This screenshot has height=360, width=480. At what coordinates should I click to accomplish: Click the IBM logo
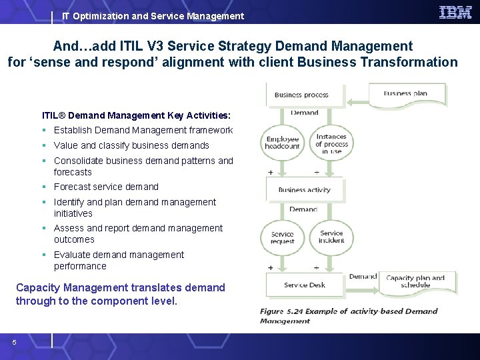click(x=455, y=13)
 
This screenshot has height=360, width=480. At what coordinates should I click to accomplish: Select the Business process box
click(x=305, y=95)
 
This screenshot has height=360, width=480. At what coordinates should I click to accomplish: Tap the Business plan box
click(x=409, y=93)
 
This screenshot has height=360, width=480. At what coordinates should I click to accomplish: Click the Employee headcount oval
click(x=283, y=143)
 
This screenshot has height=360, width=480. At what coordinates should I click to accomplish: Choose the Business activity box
click(x=305, y=189)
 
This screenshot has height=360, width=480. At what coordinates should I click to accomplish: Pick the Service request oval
click(x=283, y=237)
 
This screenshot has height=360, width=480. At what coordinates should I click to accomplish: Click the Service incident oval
click(x=331, y=237)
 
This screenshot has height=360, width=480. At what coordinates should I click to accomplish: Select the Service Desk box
click(x=305, y=285)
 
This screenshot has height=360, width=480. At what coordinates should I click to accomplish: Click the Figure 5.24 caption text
click(x=348, y=315)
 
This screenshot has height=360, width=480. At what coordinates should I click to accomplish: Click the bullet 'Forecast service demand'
click(x=106, y=187)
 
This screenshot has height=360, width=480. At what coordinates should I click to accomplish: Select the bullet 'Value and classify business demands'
click(x=131, y=145)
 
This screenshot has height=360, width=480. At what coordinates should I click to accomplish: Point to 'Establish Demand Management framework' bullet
click(x=143, y=130)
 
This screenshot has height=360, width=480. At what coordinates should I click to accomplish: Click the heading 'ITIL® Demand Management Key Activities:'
click(x=136, y=115)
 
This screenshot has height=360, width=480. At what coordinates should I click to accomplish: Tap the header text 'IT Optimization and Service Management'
click(x=153, y=16)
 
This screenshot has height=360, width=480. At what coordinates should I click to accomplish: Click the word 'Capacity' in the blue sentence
click(x=39, y=287)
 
